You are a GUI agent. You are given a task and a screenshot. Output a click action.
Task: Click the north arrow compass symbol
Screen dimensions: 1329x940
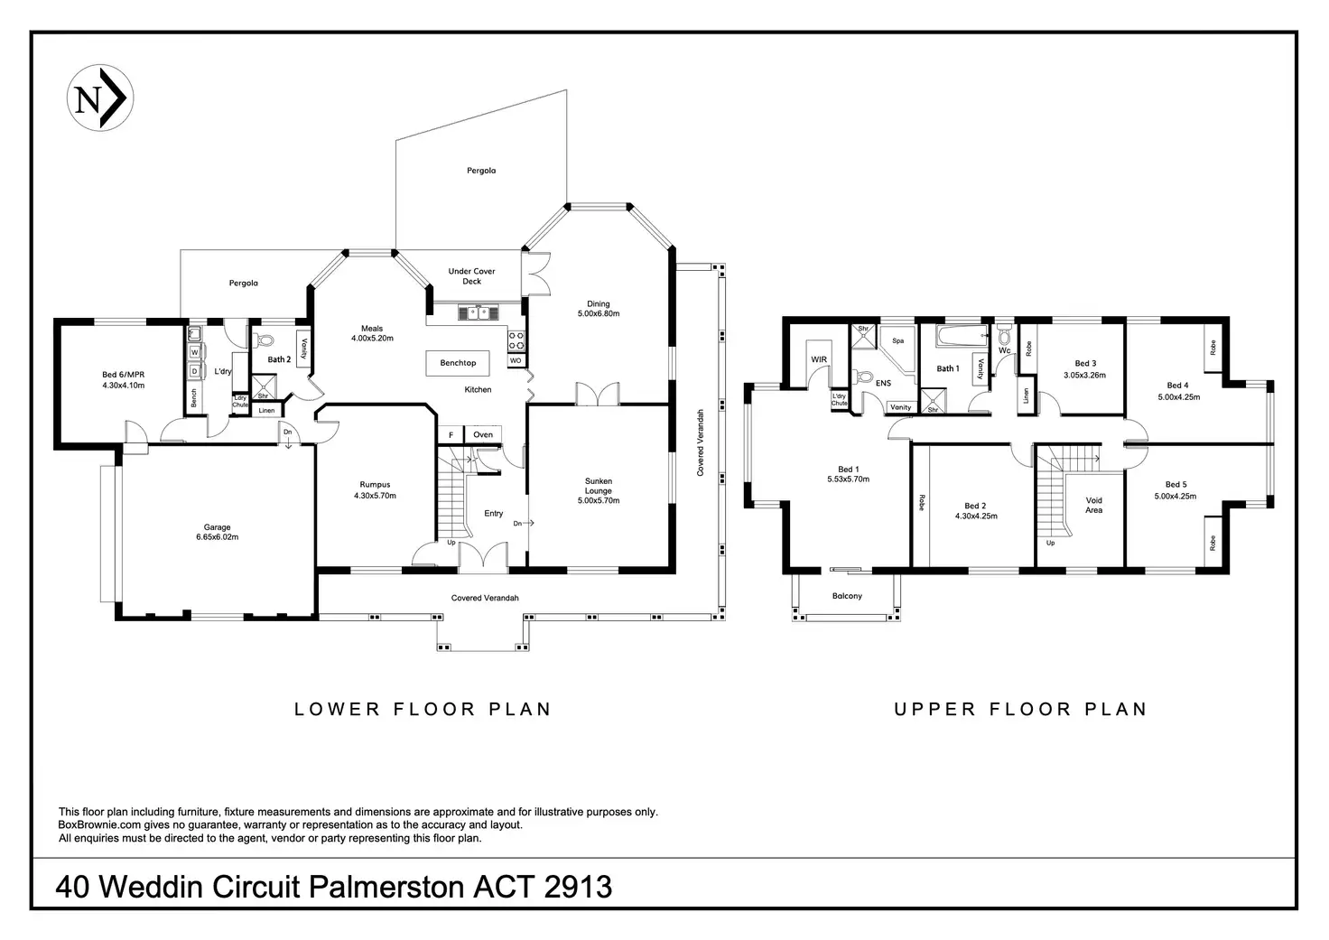pyautogui.click(x=99, y=98)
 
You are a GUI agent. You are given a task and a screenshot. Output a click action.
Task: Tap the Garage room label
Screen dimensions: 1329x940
pyautogui.click(x=218, y=527)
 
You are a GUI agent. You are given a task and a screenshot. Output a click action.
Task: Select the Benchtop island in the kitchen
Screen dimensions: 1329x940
pyautogui.click(x=458, y=363)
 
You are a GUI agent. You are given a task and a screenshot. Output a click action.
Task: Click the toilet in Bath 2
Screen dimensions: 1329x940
pyautogui.click(x=263, y=340)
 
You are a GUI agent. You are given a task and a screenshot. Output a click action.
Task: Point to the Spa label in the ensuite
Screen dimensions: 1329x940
pyautogui.click(x=897, y=340)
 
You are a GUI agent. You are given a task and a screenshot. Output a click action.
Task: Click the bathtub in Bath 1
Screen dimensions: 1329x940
pyautogui.click(x=962, y=336)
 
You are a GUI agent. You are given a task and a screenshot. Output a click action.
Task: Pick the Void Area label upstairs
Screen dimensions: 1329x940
pyautogui.click(x=1093, y=505)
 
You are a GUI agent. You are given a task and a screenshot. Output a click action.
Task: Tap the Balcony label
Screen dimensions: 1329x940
pyautogui.click(x=847, y=596)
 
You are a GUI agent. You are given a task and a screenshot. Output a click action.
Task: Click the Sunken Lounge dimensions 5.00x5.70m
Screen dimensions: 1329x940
pyautogui.click(x=599, y=500)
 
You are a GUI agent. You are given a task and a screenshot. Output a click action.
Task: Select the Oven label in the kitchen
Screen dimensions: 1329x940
pyautogui.click(x=483, y=435)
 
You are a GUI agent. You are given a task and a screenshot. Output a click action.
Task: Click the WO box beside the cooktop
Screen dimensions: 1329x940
pyautogui.click(x=516, y=361)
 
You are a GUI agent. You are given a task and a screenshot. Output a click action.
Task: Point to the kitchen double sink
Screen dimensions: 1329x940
pyautogui.click(x=479, y=312)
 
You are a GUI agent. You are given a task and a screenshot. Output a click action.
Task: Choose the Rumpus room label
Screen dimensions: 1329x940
pyautogui.click(x=375, y=484)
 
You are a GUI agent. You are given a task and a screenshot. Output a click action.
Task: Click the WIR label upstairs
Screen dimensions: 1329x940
pyautogui.click(x=819, y=359)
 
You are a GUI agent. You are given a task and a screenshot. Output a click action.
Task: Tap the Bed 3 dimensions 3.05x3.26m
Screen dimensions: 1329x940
pyautogui.click(x=1084, y=375)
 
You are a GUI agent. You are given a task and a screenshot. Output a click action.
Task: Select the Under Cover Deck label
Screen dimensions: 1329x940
pyautogui.click(x=471, y=276)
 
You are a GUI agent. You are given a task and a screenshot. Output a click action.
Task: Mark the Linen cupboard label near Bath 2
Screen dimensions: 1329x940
pyautogui.click(x=266, y=411)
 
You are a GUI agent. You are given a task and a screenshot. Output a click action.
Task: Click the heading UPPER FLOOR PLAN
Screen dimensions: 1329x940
pyautogui.click(x=1020, y=709)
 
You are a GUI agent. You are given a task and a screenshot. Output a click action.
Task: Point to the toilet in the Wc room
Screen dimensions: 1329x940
pyautogui.click(x=1004, y=336)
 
